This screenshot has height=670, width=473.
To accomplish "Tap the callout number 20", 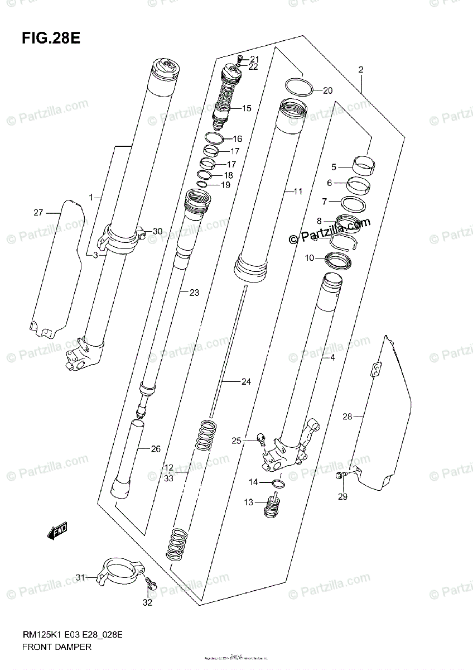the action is click(327, 90).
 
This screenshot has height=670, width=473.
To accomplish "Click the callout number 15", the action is click(246, 108).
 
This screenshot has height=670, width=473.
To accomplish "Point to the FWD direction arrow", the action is click(57, 531).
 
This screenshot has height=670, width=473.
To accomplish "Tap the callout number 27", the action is click(38, 212).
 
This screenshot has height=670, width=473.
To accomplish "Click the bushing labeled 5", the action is click(363, 164).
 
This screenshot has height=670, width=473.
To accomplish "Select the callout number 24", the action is click(246, 382).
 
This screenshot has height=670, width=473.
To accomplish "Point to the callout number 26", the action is click(140, 448).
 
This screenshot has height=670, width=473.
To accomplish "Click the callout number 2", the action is click(360, 70).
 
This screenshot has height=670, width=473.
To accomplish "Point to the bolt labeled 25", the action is click(260, 441).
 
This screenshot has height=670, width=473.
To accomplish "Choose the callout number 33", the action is click(168, 478).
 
